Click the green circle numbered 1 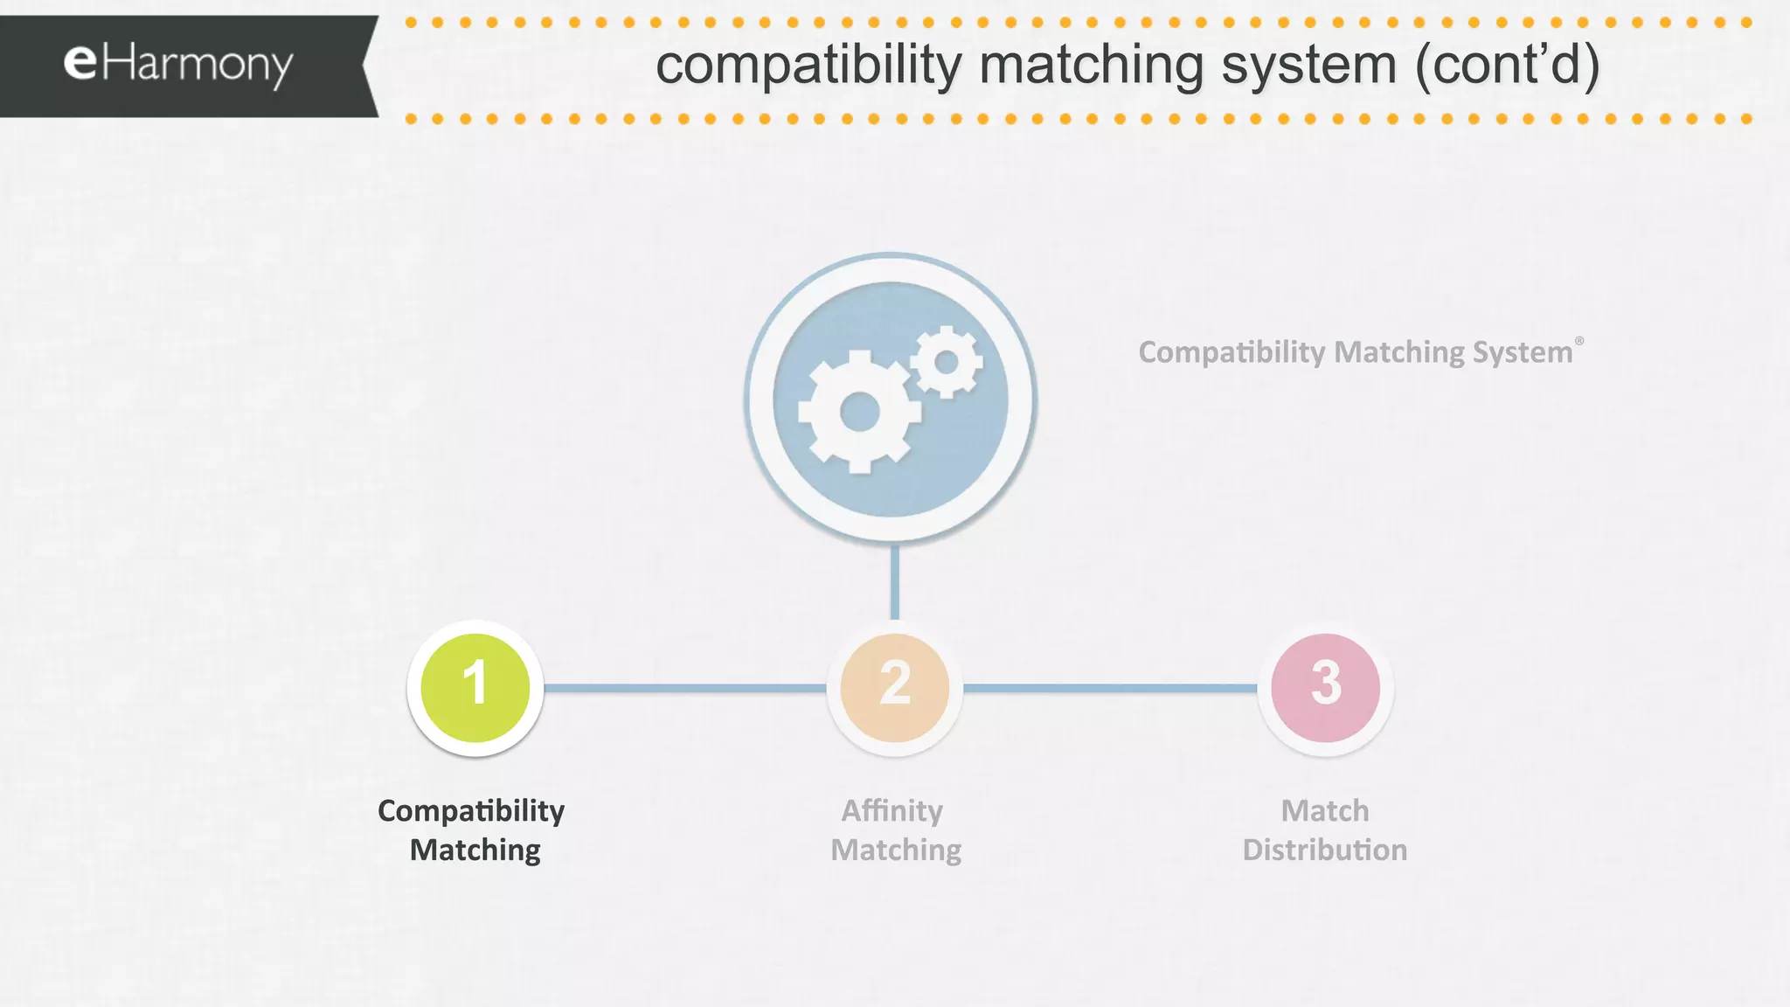tap(475, 688)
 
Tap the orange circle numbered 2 tap(895, 688)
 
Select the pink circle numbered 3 tap(1326, 688)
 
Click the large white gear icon tap(858, 412)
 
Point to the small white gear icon tap(947, 361)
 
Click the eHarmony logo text tap(178, 65)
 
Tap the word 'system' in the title tap(1308, 66)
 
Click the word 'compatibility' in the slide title tap(808, 66)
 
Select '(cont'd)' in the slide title tap(1507, 66)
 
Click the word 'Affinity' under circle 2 tap(892, 810)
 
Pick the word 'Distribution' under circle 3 tap(1325, 850)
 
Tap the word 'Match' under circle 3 tap(1325, 810)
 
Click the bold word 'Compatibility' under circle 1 tap(471, 810)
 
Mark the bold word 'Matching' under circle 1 tap(475, 850)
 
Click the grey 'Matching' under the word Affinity tap(896, 850)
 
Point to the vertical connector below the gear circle tap(895, 581)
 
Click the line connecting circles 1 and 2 tap(685, 688)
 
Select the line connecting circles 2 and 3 tap(1110, 688)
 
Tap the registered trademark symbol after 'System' tap(1579, 341)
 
